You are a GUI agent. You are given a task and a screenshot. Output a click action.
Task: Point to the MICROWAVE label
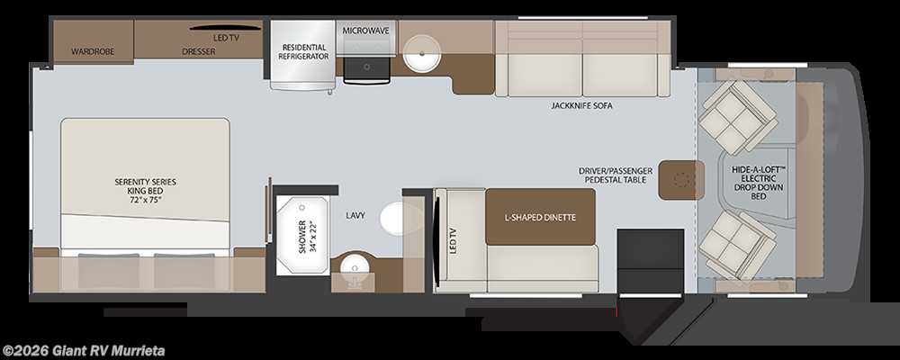[x=365, y=30]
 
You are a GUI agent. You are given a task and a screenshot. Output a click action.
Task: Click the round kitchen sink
[x=419, y=52]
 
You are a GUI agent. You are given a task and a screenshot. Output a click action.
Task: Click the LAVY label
[x=355, y=215]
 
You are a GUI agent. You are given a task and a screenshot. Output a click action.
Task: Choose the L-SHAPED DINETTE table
[x=540, y=218]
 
